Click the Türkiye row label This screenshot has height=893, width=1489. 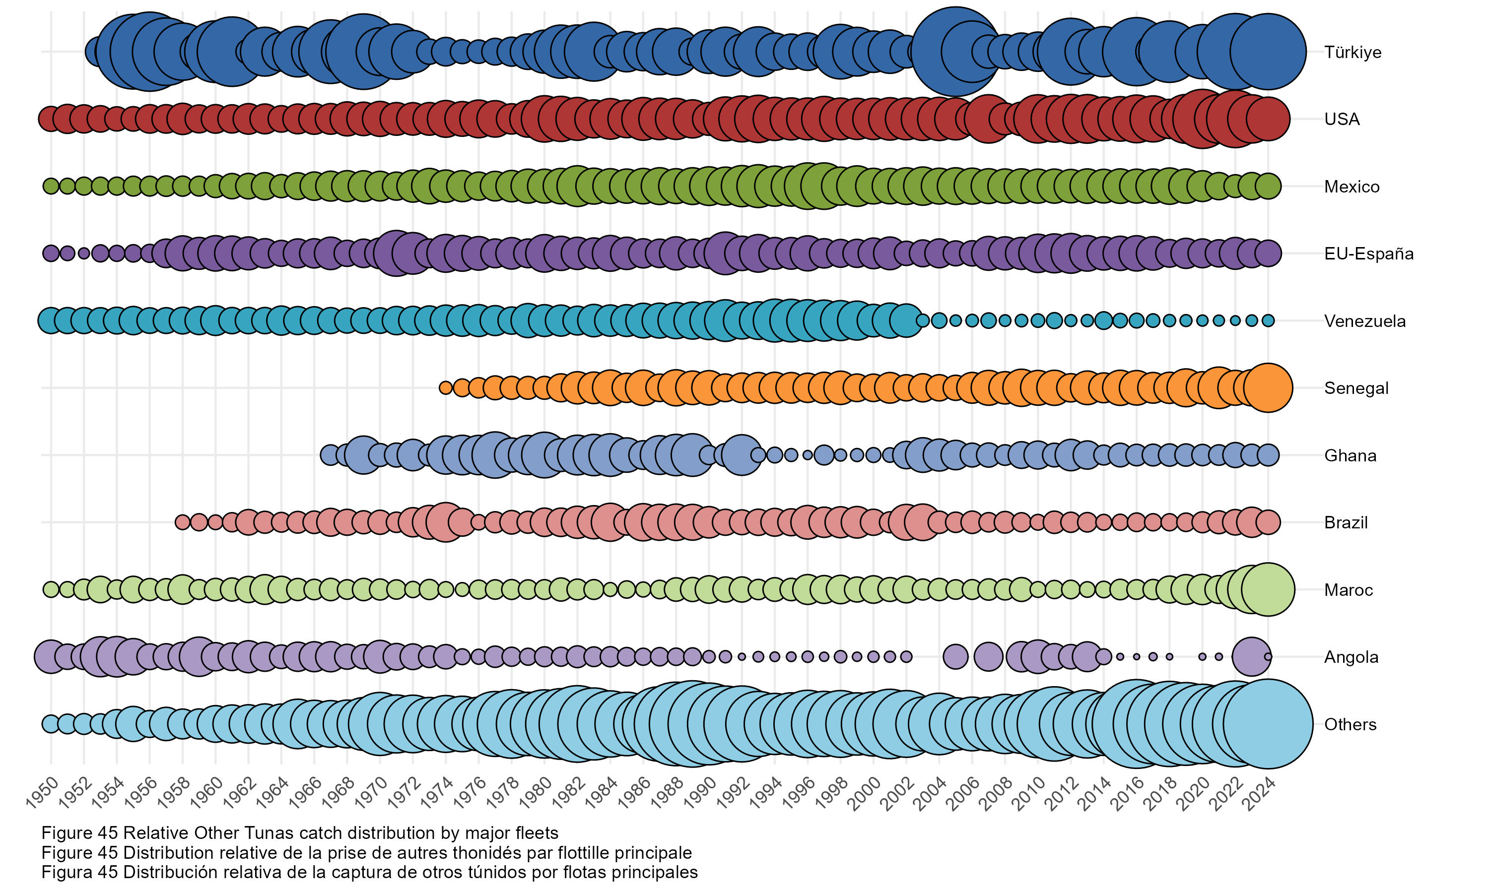pos(1352,53)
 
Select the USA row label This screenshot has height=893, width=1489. pos(1341,119)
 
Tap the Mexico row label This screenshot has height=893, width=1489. pos(1351,187)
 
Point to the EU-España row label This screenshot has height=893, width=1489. pos(1368,254)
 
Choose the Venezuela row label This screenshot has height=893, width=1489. pos(1364,320)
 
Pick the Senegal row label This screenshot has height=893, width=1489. pos(1356,388)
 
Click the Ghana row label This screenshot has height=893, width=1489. pos(1350,455)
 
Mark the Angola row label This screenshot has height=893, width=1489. pos(1351,657)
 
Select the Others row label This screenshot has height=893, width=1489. pos(1350,724)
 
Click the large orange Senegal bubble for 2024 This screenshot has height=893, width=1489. pos(1268,388)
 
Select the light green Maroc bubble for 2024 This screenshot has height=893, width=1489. pos(1268,590)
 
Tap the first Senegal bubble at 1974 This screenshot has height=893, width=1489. pos(445,388)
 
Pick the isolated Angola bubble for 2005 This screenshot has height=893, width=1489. pos(955,656)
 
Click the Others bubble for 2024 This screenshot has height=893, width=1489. pos(1268,724)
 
